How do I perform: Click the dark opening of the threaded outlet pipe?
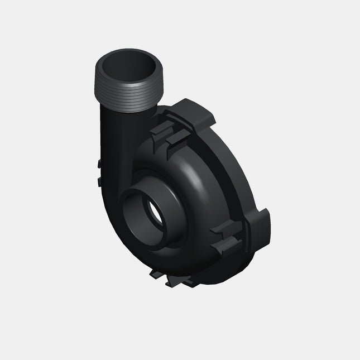pos(126,66)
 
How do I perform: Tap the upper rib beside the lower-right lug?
pos(228,226)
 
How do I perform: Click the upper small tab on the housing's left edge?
pos(98,164)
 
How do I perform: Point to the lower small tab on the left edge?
pos(99,181)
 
